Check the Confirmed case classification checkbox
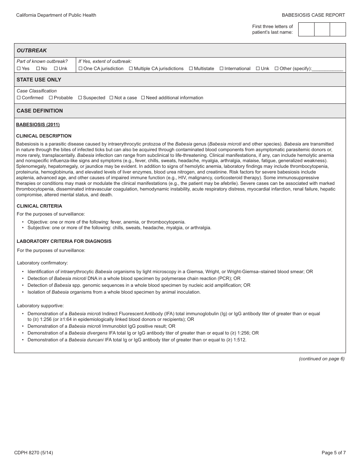[x=19, y=98]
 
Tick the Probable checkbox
[x=51, y=98]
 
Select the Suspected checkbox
[x=80, y=98]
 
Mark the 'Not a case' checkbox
[x=111, y=98]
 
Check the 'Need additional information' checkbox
[x=143, y=98]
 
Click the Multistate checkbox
[x=191, y=69]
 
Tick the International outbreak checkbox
[x=222, y=69]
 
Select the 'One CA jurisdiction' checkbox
[x=80, y=69]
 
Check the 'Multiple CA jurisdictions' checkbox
[x=131, y=69]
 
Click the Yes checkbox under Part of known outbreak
[x=19, y=69]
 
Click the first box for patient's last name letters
[x=306, y=29]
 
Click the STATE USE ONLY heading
[x=39, y=80]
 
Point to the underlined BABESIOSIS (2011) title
[x=38, y=125]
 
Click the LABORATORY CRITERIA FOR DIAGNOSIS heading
[x=64, y=241]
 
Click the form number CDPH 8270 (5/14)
[x=33, y=452]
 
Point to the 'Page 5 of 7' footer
[x=333, y=452]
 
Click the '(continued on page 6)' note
[x=322, y=359]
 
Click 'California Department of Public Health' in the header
[x=56, y=15]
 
